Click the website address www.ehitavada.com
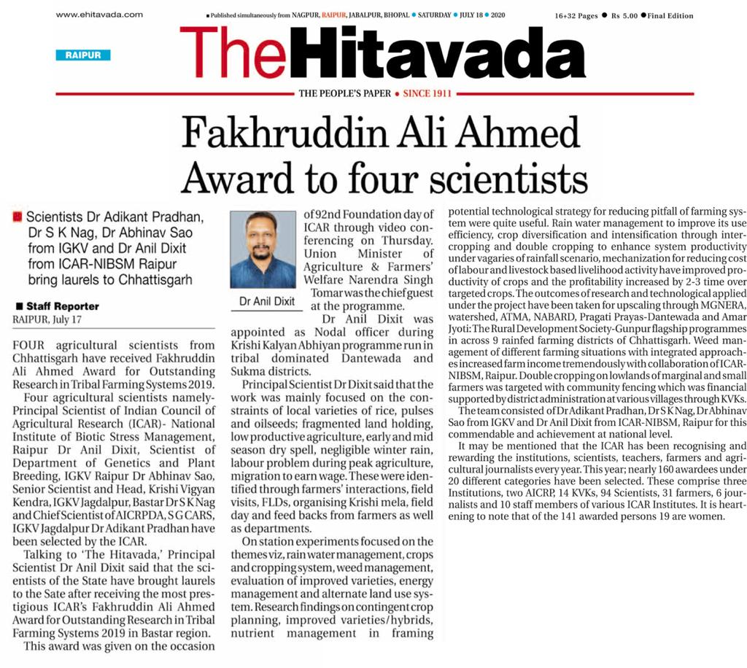[x=99, y=14]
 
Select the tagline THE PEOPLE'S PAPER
[x=344, y=94]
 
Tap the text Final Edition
[x=670, y=15]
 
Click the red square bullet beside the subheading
[x=17, y=216]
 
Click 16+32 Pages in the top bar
[x=576, y=15]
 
